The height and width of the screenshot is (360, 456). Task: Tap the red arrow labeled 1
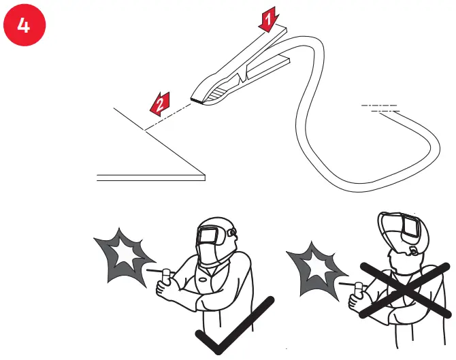pos(270,20)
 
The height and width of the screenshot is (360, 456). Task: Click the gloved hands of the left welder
pos(167,289)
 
